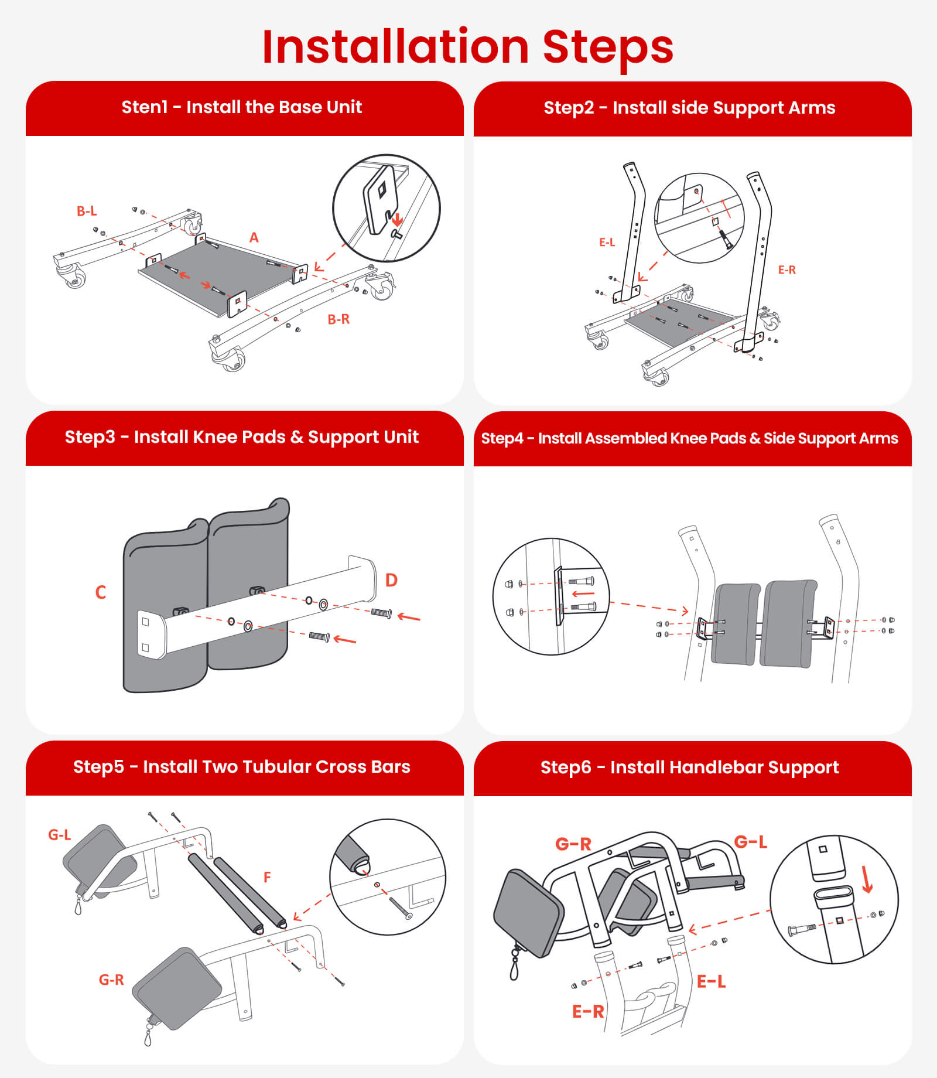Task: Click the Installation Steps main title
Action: click(x=468, y=47)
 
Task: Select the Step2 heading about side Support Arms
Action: click(x=689, y=108)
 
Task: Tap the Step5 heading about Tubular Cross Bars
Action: click(x=242, y=767)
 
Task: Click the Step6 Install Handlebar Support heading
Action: click(x=689, y=767)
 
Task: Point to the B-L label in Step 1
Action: click(x=87, y=211)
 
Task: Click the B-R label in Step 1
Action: click(x=338, y=319)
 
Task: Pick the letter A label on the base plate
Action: click(x=254, y=237)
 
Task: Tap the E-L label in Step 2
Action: click(x=607, y=242)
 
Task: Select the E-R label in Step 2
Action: click(x=786, y=270)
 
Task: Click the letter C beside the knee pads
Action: click(x=101, y=592)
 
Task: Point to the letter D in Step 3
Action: click(x=391, y=580)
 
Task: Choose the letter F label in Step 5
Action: click(x=267, y=877)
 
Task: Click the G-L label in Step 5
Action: click(x=59, y=835)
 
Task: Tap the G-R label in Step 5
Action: click(x=111, y=980)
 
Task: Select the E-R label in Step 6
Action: click(x=587, y=1012)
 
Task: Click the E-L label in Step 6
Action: click(x=711, y=981)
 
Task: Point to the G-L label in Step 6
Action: click(x=750, y=842)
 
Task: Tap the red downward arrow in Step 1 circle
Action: click(x=397, y=220)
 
